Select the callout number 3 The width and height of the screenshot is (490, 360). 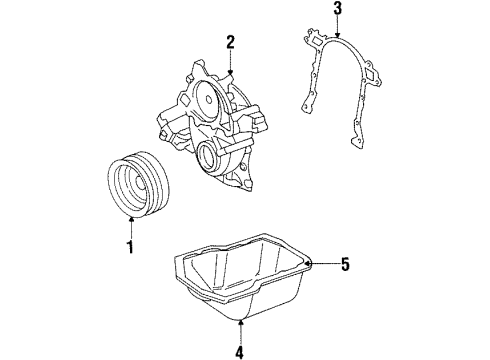338,11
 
